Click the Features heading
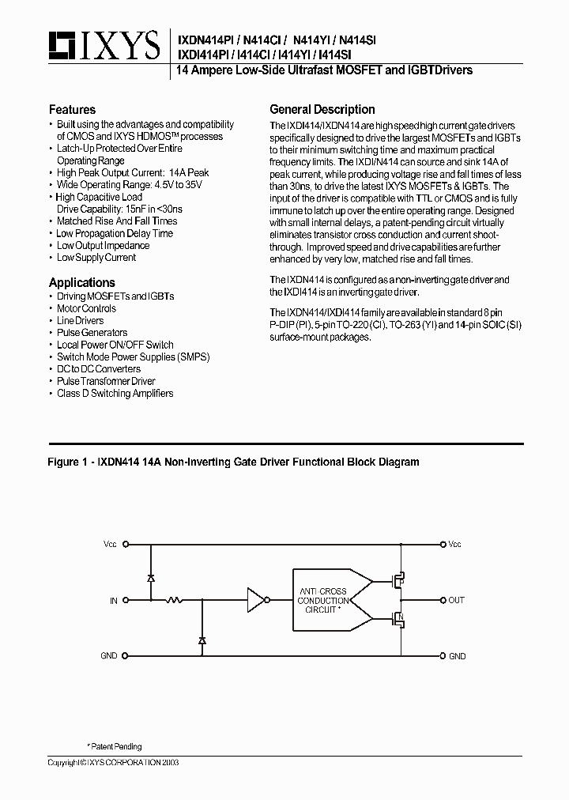72,110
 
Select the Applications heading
81,282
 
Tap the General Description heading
322,110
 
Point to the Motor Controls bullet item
86,308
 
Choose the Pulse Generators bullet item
92,333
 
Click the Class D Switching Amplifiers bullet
115,394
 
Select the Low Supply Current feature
96,258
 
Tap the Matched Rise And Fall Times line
116,221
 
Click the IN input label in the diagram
114,601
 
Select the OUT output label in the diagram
456,601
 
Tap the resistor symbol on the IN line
175,601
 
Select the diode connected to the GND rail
202,639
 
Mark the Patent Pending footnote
114,746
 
